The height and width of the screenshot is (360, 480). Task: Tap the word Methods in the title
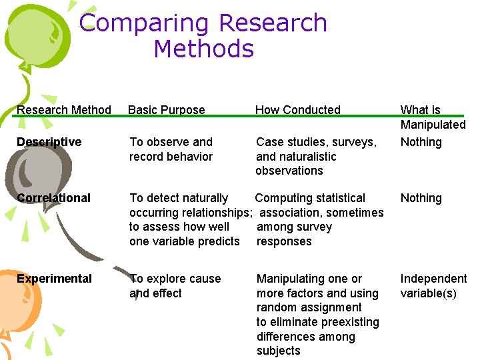203,49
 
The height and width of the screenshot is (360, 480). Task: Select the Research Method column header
64,110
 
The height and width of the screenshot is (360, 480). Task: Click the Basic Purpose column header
167,110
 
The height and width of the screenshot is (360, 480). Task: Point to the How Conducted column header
297,110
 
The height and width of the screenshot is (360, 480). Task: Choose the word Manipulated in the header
433,125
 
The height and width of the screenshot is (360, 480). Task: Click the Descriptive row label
49,142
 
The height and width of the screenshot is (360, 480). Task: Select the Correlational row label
54,198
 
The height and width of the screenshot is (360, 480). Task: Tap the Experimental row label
55,279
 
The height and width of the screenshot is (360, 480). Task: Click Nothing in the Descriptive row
421,142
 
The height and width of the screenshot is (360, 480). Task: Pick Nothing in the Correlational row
421,198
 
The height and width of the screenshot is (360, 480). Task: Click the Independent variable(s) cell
433,286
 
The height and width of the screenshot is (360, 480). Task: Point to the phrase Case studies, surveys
316,142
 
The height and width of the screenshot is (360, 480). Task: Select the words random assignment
309,307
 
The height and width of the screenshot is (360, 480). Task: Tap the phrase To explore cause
175,279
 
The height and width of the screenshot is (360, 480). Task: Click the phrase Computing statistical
310,198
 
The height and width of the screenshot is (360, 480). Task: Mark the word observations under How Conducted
289,171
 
